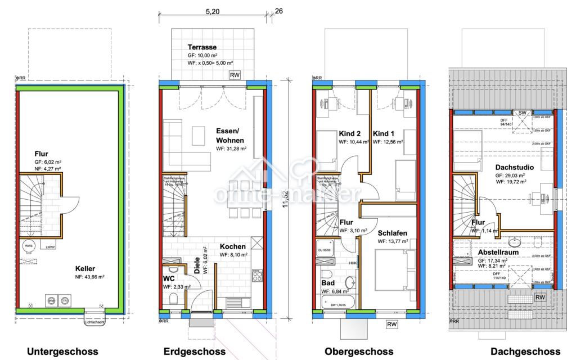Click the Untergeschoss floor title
coord(60,352)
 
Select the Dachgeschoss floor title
coord(524,352)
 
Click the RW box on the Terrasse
coord(235,75)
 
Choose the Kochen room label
coord(232,247)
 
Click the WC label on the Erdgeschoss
coord(169,279)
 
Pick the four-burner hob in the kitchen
coord(258,276)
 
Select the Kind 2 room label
coord(350,134)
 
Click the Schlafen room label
coord(393,232)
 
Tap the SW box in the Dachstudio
coord(521,113)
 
